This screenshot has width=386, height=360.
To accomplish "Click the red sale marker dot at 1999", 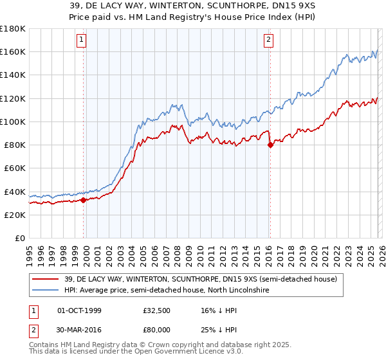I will [x=84, y=200].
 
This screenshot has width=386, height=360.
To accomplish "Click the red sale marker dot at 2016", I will [x=270, y=145].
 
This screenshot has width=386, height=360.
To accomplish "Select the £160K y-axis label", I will [x=13, y=51].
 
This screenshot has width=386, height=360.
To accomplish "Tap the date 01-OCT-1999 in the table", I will [x=79, y=310].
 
